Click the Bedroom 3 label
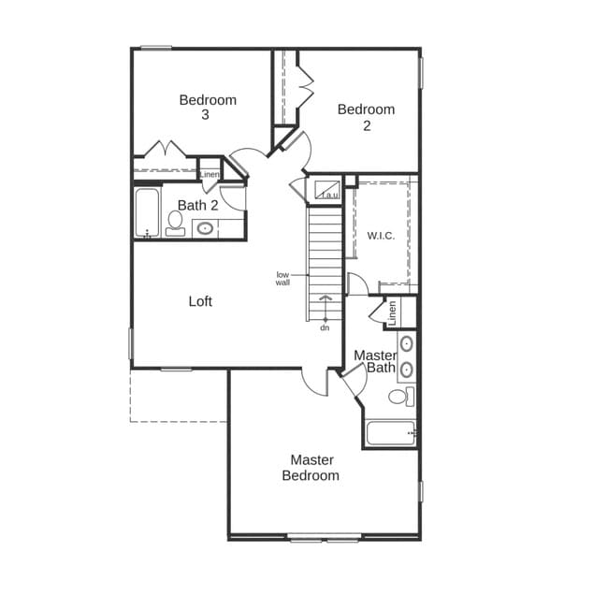click(x=208, y=107)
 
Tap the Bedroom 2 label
click(x=366, y=117)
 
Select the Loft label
click(x=200, y=301)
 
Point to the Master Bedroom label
click(x=311, y=468)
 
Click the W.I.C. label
click(x=381, y=236)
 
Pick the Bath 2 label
click(x=197, y=205)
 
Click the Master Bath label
click(x=375, y=361)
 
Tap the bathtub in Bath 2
click(x=147, y=213)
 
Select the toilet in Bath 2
click(x=175, y=223)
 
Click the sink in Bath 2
click(x=205, y=227)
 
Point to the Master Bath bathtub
click(x=389, y=433)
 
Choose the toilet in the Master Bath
click(x=399, y=397)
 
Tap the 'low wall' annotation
click(x=282, y=278)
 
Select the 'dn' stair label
click(x=325, y=327)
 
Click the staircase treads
click(x=326, y=253)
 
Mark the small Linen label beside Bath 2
click(x=210, y=174)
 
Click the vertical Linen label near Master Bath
click(x=393, y=312)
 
